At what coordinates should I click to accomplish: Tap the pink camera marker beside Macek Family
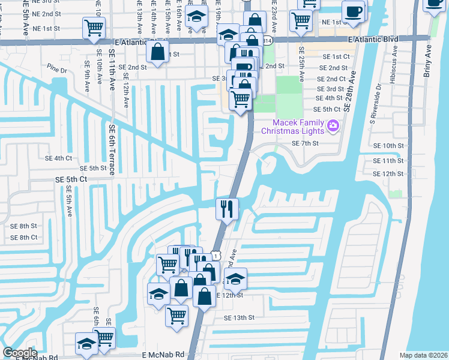pos(334,127)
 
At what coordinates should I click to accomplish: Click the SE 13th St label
pos(239,317)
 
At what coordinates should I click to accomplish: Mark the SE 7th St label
pos(305,143)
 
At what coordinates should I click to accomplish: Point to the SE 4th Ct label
pos(58,158)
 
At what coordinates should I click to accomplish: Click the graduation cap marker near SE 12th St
pos(236,278)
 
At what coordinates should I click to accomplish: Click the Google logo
pos(20,353)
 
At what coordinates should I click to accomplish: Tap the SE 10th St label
pos(388,146)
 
